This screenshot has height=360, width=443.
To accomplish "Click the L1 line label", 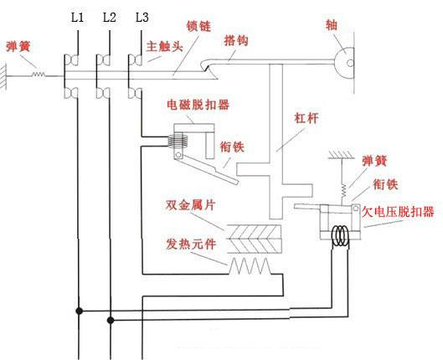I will (77, 18).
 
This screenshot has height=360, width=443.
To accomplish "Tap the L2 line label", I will (109, 18).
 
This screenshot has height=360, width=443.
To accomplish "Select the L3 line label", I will (142, 18).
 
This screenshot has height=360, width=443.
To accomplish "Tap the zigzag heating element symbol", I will (251, 266).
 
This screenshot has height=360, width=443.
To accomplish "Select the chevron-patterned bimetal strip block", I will (256, 237).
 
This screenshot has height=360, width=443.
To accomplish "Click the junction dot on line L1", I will (78, 311).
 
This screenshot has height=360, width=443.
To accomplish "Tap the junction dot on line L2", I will (110, 318).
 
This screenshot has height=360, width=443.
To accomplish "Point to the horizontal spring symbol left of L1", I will (37, 76).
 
